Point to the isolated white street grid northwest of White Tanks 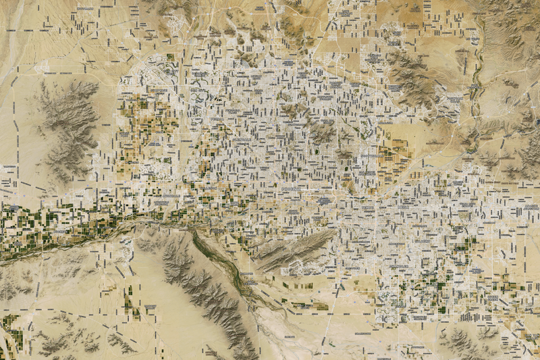point(51,68)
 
